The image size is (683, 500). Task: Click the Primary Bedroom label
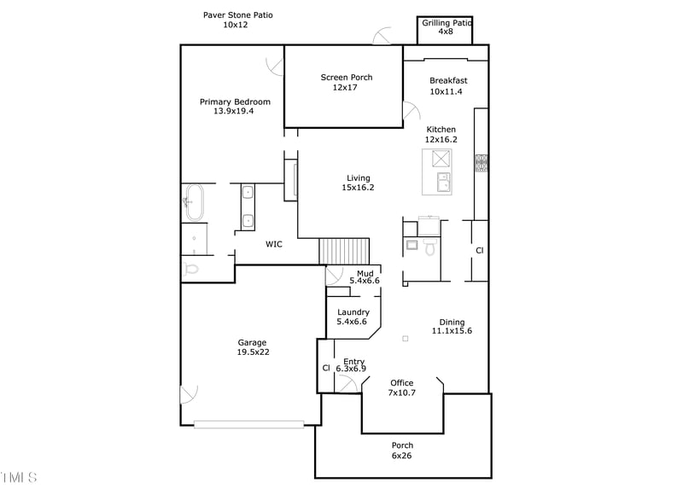click(x=235, y=106)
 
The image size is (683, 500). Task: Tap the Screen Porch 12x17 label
click(x=346, y=82)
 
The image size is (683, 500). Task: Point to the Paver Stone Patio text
click(x=237, y=20)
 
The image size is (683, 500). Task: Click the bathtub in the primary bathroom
click(x=195, y=202)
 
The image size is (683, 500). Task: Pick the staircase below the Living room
click(x=345, y=251)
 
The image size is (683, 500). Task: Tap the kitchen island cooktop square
click(x=441, y=159)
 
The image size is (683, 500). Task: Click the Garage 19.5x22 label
click(x=252, y=347)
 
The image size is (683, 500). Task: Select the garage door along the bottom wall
click(x=248, y=422)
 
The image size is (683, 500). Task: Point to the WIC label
click(x=273, y=244)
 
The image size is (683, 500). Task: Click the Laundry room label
click(x=353, y=317)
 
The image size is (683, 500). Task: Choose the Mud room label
click(x=365, y=276)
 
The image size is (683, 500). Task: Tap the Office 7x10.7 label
click(x=401, y=387)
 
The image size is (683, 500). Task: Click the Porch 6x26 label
click(x=402, y=451)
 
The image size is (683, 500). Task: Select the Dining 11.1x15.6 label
click(x=452, y=326)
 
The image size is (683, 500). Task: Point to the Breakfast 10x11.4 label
click(x=447, y=86)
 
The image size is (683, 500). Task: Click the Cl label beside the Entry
click(x=326, y=368)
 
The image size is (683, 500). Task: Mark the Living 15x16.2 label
click(x=358, y=183)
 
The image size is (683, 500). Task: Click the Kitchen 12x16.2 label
click(x=441, y=134)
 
